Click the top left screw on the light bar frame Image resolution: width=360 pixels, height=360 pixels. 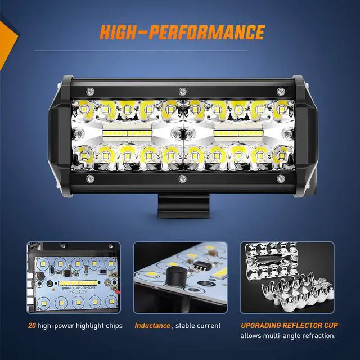89,90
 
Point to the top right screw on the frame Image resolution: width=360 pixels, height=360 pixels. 274,90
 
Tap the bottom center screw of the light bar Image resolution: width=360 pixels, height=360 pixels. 182,179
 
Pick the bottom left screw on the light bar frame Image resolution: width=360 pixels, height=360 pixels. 89,179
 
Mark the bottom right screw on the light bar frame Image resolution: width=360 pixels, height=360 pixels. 274,179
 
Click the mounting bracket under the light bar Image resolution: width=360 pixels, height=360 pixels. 182,203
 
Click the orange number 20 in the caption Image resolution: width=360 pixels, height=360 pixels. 32,325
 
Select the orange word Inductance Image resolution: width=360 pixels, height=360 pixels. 152,325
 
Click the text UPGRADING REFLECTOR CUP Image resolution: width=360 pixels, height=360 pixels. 287,325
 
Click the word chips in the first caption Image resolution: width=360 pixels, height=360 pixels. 111,325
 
